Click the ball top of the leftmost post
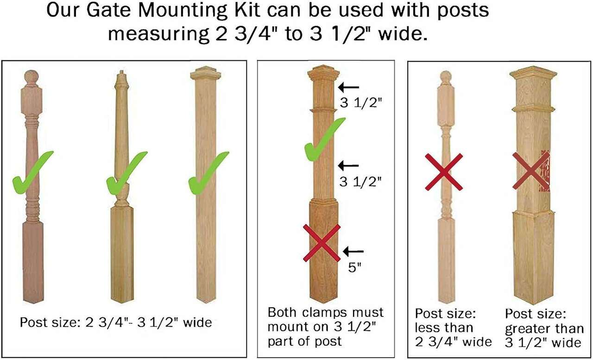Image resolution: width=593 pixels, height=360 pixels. (x=32, y=77)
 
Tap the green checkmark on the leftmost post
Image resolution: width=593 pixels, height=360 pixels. (x=32, y=173)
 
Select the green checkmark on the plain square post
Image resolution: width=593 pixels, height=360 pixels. (x=208, y=173)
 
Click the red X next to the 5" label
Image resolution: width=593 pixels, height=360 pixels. (x=322, y=243)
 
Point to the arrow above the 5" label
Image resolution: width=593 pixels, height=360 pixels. (x=353, y=251)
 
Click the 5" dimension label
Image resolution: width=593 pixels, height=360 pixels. (x=354, y=267)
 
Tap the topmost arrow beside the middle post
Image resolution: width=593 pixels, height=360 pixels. (x=349, y=87)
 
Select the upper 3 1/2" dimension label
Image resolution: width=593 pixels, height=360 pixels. (x=361, y=103)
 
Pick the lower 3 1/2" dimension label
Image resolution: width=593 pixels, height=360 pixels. (x=360, y=182)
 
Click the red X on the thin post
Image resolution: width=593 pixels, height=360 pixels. (x=444, y=172)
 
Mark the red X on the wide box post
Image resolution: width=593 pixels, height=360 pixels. (x=531, y=171)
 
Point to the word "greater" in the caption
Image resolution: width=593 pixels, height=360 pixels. (x=524, y=329)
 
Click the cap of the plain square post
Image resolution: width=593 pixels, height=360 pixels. (x=206, y=73)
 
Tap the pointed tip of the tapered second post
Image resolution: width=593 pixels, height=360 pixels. (x=122, y=71)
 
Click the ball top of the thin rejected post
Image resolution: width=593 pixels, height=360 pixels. (x=446, y=76)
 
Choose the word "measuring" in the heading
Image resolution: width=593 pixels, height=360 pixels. (x=158, y=34)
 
